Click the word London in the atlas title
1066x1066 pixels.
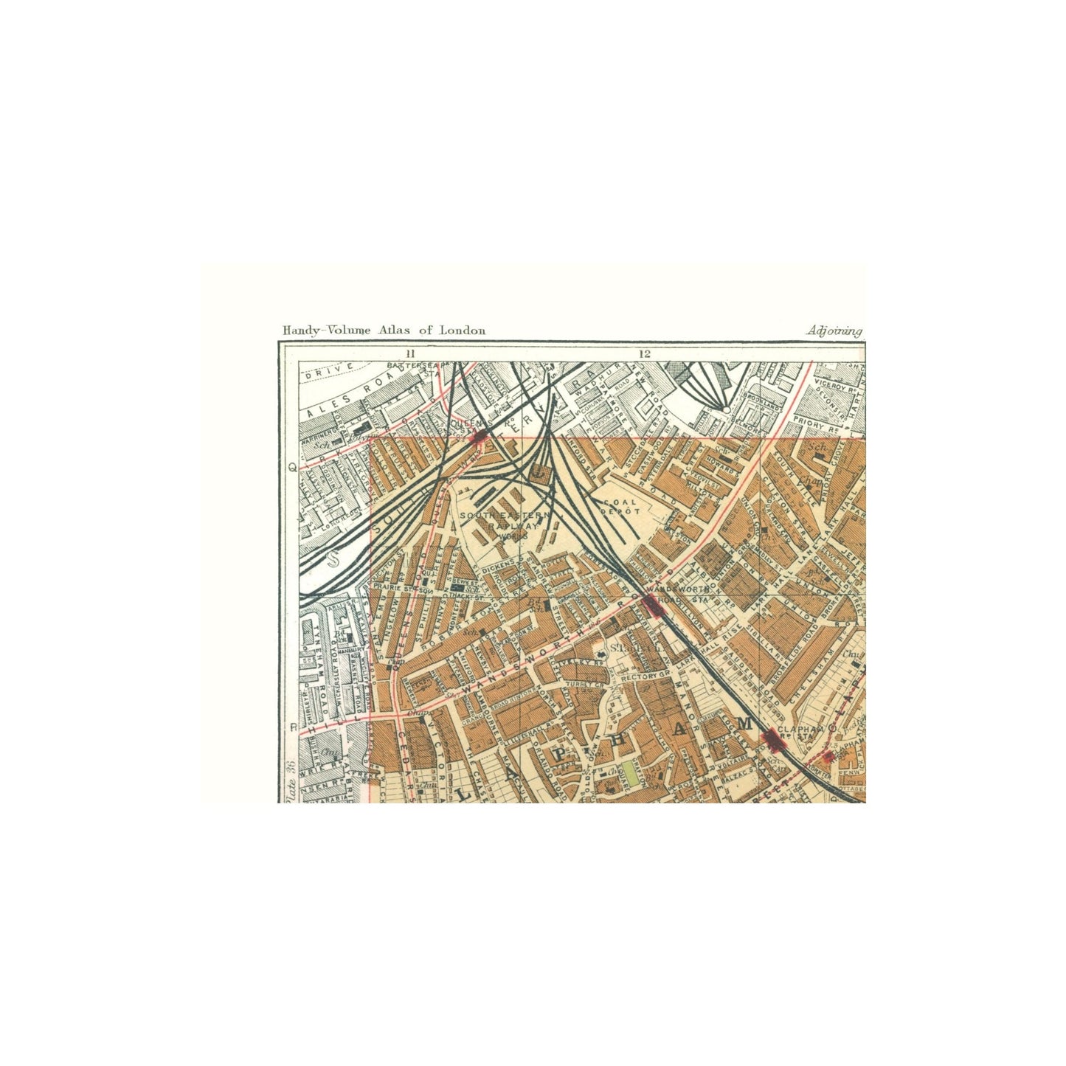click(x=463, y=330)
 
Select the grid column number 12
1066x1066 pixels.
click(x=646, y=353)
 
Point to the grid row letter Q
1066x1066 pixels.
click(x=292, y=466)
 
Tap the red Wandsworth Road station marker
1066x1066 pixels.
click(x=652, y=606)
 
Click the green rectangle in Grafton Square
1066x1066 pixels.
click(x=629, y=775)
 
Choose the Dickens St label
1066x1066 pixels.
click(x=499, y=568)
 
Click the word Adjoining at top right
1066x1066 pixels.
click(x=834, y=330)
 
